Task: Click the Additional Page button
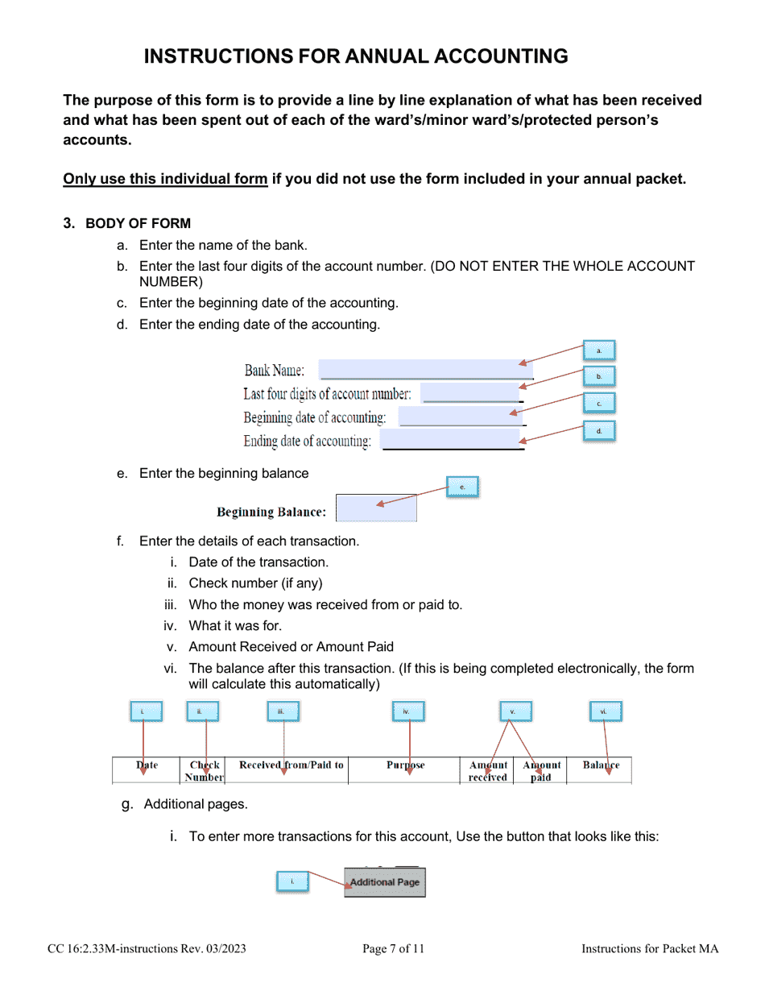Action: (385, 882)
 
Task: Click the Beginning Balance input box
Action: (375, 508)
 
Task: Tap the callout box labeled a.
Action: (598, 350)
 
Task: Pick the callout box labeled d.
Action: (598, 431)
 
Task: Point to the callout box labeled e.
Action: (462, 487)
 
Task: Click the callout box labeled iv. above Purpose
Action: (408, 711)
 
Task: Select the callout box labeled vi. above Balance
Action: (604, 711)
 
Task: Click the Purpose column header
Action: (406, 765)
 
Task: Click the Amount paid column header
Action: (542, 771)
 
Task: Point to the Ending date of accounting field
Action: (451, 441)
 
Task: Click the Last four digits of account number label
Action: (328, 394)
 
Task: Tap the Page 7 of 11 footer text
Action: (393, 949)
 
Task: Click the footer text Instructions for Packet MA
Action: (650, 949)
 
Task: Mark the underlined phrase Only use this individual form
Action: (165, 179)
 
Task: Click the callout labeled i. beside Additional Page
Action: (292, 881)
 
